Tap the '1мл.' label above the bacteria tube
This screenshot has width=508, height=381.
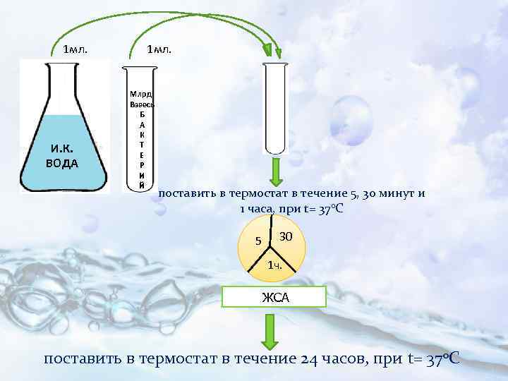[x=159, y=50]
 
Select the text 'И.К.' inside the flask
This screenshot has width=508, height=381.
[x=64, y=148]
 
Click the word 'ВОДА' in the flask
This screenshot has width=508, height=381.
[x=64, y=163]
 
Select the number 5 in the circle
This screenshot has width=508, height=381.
[x=258, y=241]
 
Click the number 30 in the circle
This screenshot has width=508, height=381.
[x=286, y=235]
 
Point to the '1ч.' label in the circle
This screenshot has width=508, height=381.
[x=275, y=266]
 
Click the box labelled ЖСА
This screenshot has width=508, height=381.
[x=274, y=297]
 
